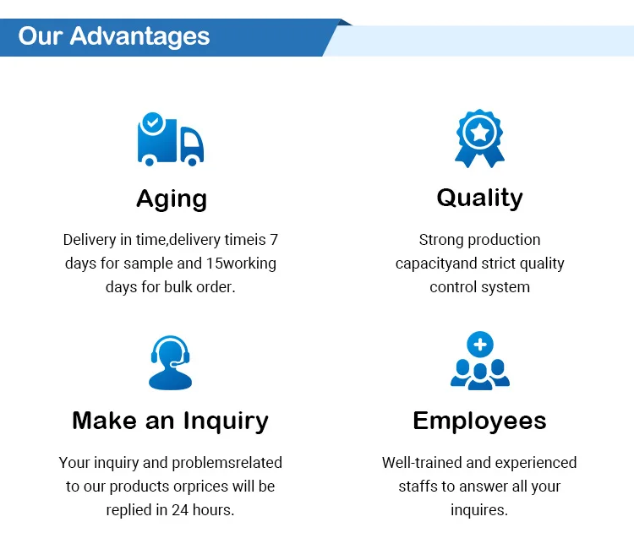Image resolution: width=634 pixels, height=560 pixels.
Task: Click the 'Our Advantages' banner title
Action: [x=114, y=37]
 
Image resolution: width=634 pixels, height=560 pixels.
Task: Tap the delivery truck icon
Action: [x=170, y=139]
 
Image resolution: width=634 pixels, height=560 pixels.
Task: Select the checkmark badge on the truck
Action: [x=153, y=122]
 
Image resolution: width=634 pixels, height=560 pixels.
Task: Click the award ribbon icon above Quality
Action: [x=479, y=139]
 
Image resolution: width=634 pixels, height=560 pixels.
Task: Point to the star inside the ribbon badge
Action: [x=479, y=132]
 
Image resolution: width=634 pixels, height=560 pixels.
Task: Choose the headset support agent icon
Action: [x=170, y=362]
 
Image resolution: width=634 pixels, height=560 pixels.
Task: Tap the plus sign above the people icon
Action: [x=480, y=345]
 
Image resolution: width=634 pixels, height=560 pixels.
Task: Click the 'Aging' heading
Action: [x=172, y=199]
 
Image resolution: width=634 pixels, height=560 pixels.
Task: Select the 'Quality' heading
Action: [x=480, y=198]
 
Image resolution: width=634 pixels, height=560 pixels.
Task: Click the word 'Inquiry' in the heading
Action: [x=226, y=421]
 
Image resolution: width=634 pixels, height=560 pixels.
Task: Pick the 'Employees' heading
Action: [x=479, y=421]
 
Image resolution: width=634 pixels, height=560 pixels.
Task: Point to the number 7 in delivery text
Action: [x=274, y=240]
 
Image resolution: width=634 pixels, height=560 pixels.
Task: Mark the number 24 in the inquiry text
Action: [x=180, y=510]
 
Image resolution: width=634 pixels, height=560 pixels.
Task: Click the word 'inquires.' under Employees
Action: [x=479, y=510]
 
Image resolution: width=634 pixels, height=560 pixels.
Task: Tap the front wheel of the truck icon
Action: [x=193, y=161]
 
